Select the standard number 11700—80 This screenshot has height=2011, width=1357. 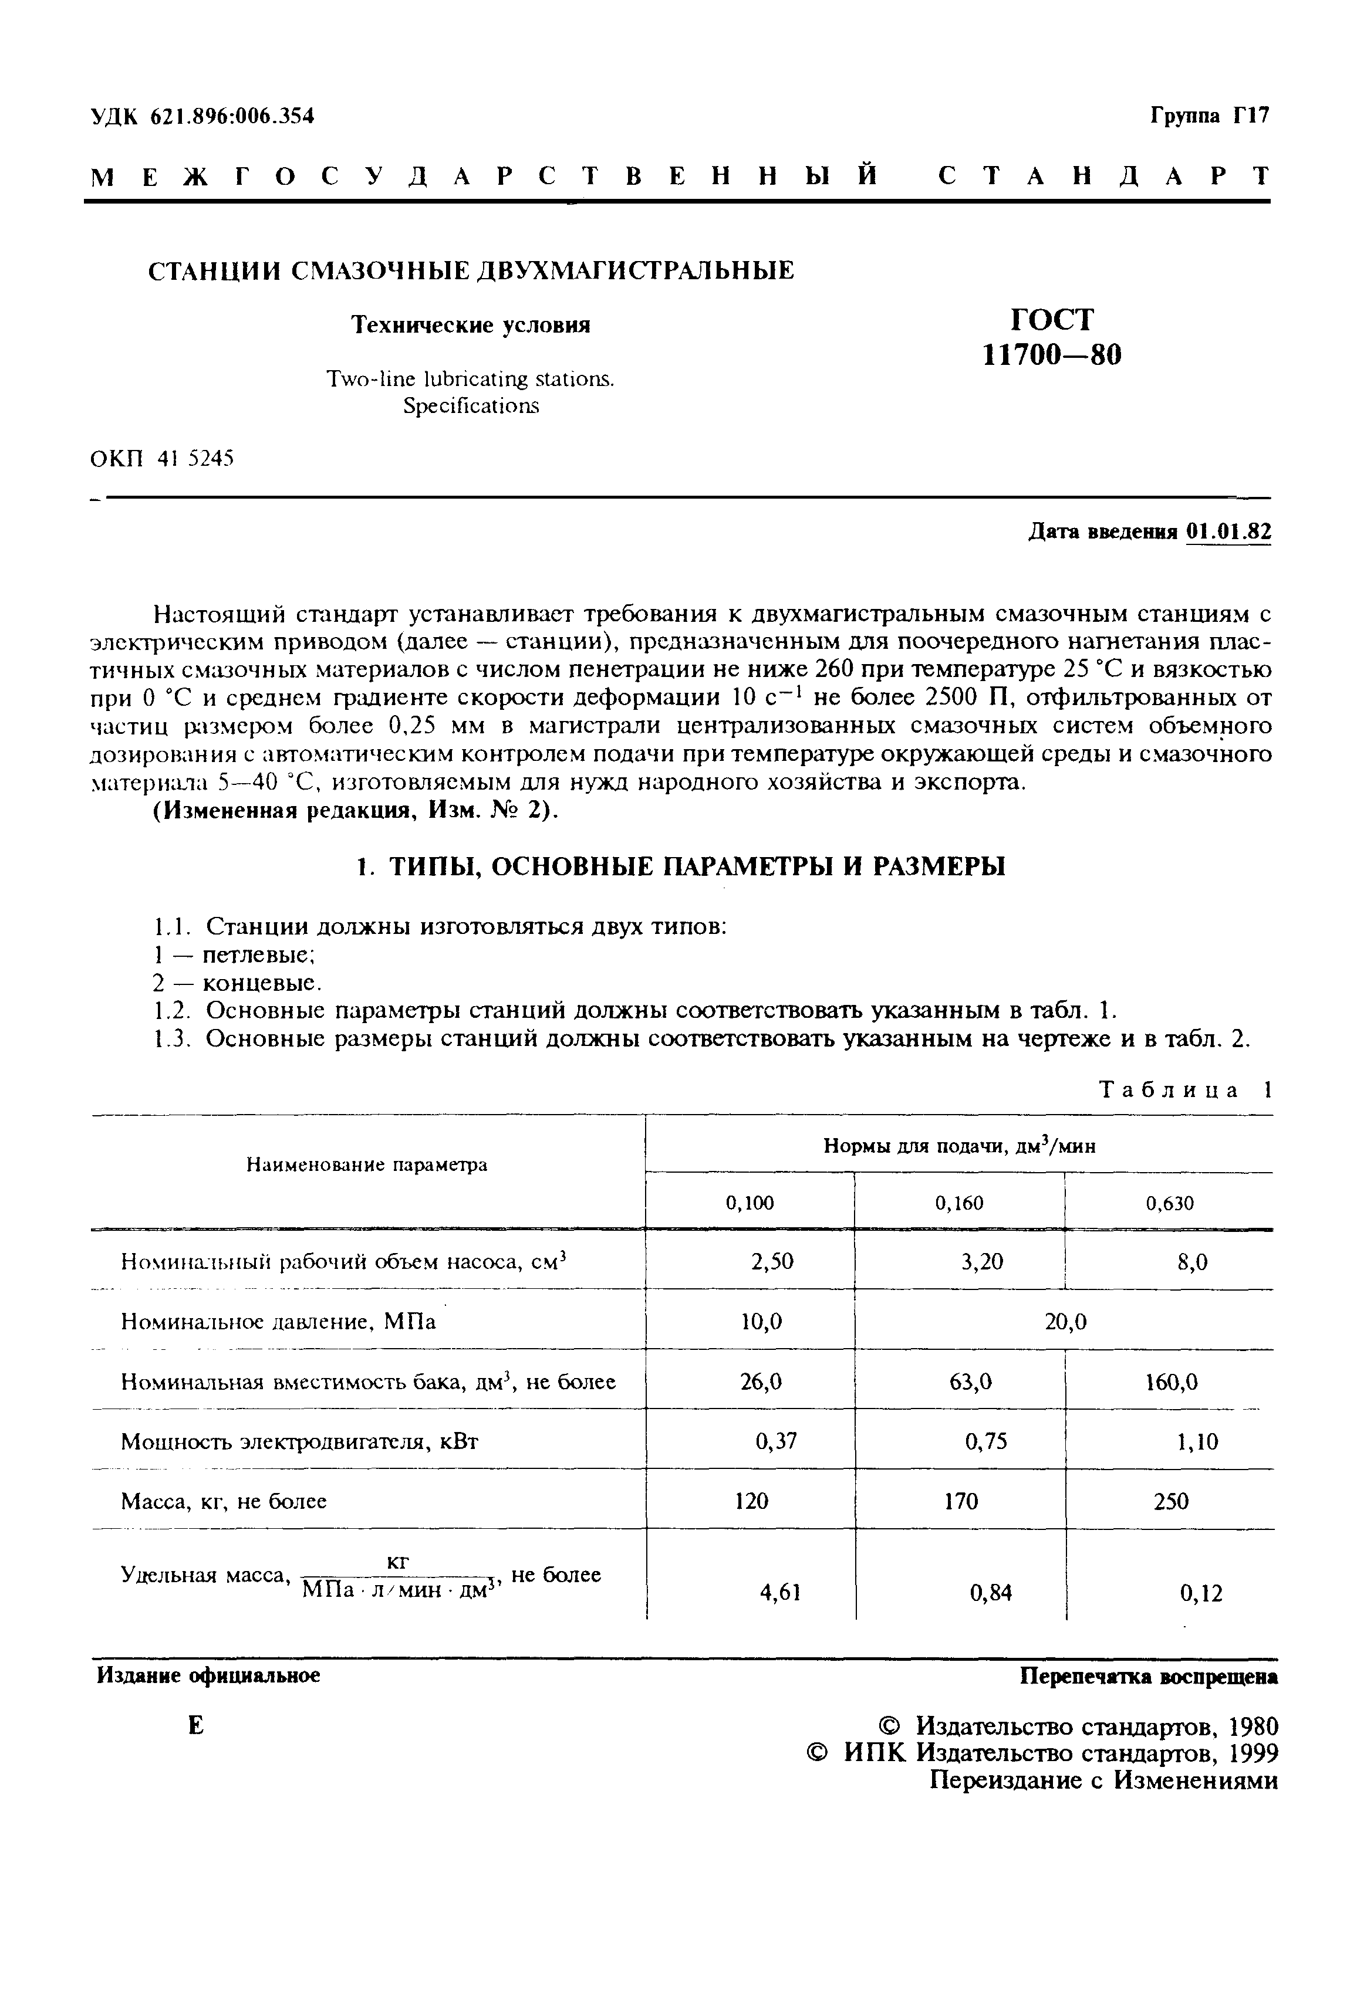click(1052, 356)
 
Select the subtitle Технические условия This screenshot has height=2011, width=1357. click(470, 325)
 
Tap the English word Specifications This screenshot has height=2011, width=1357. click(470, 405)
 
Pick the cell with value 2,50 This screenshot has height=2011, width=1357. click(772, 1262)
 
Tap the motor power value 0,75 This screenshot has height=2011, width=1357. click(985, 1441)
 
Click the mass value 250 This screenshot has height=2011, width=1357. click(1171, 1501)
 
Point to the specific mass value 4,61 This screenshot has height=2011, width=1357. click(780, 1592)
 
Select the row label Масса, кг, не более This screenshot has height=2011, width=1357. click(223, 1501)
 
